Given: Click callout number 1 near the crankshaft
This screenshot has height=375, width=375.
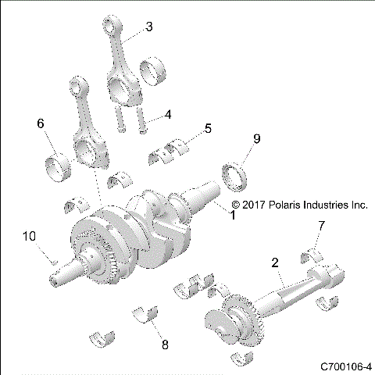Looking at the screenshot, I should (230, 212).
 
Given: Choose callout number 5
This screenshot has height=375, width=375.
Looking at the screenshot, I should (206, 127).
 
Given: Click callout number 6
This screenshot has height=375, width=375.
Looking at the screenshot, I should (41, 124).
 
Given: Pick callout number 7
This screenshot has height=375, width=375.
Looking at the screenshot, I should (320, 226).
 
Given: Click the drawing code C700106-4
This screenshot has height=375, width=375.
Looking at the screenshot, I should (345, 366).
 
